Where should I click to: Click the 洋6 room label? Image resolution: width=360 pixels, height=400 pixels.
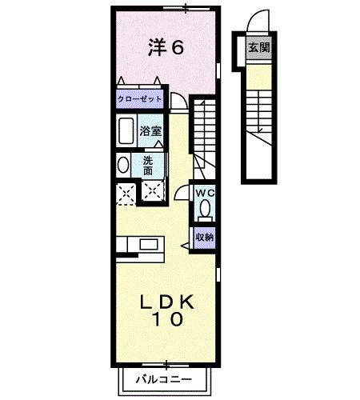(166, 47)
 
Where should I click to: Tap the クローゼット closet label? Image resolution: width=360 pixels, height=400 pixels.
(140, 99)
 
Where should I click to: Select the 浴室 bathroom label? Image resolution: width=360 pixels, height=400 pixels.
(150, 131)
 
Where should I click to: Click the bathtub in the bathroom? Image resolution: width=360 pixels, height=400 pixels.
(126, 130)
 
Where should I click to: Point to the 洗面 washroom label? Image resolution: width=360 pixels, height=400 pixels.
(148, 166)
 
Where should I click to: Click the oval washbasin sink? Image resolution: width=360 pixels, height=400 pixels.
(123, 165)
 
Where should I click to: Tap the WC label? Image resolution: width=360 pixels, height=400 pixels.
(205, 193)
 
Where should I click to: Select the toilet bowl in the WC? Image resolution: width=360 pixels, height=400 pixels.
(205, 210)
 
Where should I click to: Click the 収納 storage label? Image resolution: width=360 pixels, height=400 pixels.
(205, 237)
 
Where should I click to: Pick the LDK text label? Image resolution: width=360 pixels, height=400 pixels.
(167, 302)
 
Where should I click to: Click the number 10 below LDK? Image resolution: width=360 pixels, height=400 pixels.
(167, 319)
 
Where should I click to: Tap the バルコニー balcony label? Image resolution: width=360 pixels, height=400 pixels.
(164, 379)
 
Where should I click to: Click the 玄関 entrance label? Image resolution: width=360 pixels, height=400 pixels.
(259, 48)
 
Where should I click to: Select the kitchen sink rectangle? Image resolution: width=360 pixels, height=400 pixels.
(149, 245)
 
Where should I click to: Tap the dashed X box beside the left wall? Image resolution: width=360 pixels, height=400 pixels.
(126, 194)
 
